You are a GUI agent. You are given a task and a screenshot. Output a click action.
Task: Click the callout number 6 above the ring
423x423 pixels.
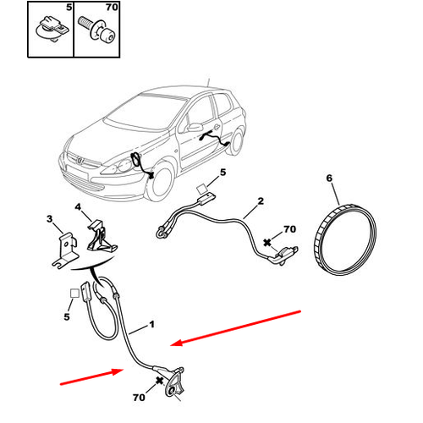coord(329,179)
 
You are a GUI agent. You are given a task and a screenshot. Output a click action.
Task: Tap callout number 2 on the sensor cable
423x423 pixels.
coord(261,201)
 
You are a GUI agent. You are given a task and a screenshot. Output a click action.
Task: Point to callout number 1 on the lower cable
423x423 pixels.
coord(151,324)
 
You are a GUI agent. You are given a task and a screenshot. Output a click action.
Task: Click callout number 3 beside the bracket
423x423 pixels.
coord(49,218)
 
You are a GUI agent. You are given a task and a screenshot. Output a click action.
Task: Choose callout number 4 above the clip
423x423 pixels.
coord(78,207)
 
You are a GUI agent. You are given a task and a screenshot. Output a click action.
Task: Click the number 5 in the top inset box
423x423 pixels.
coord(69,8)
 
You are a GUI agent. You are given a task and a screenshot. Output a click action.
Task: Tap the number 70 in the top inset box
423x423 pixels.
coord(112,7)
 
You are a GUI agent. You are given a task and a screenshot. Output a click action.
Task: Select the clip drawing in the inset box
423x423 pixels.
coord(52,29)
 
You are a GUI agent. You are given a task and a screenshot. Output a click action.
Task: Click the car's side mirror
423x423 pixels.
coord(195,127)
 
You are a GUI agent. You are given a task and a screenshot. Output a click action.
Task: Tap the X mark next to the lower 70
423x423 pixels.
coord(159,381)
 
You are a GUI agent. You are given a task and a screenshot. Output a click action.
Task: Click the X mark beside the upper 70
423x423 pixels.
coord(266,243)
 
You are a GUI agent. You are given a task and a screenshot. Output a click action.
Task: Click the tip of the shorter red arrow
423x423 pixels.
coord(124,369)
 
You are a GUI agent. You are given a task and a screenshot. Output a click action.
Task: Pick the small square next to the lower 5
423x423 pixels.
coord(74,294)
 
